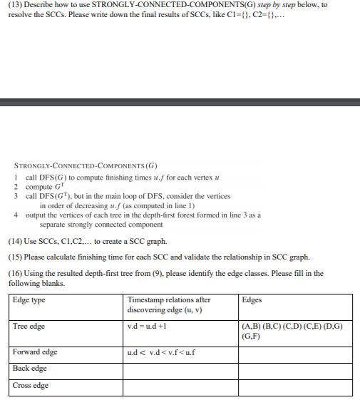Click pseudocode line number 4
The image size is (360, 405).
pyautogui.click(x=16, y=214)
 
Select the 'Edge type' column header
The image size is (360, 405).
pyautogui.click(x=29, y=300)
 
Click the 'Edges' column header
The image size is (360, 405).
pyautogui.click(x=252, y=300)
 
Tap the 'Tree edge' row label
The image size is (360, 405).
pyautogui.click(x=29, y=327)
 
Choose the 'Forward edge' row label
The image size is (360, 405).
pyautogui.click(x=35, y=352)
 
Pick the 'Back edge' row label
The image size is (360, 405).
pyautogui.click(x=30, y=369)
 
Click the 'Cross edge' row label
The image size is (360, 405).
pyautogui.click(x=31, y=386)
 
